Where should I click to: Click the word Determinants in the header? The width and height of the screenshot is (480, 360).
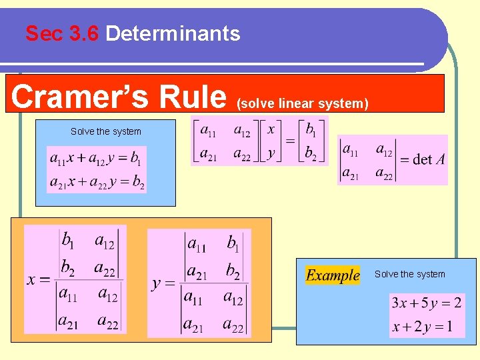point(173,33)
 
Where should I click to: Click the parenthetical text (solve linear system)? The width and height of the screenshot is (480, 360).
point(302,103)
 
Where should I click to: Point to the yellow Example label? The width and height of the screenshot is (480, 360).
point(333,275)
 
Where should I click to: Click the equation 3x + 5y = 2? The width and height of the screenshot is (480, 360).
point(427,303)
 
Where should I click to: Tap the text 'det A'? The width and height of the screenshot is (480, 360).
point(423,159)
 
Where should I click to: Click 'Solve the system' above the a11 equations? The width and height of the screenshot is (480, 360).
point(106,131)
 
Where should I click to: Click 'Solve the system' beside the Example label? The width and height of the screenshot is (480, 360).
point(409,274)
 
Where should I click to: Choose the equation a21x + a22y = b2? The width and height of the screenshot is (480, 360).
point(96,182)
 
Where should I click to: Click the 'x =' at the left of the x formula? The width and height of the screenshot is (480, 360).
point(38,280)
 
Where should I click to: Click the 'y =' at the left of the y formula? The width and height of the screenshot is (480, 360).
point(163,283)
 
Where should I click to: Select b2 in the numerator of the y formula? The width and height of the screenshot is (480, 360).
point(233,272)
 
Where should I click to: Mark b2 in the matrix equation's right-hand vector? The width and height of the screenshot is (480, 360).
point(311,153)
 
